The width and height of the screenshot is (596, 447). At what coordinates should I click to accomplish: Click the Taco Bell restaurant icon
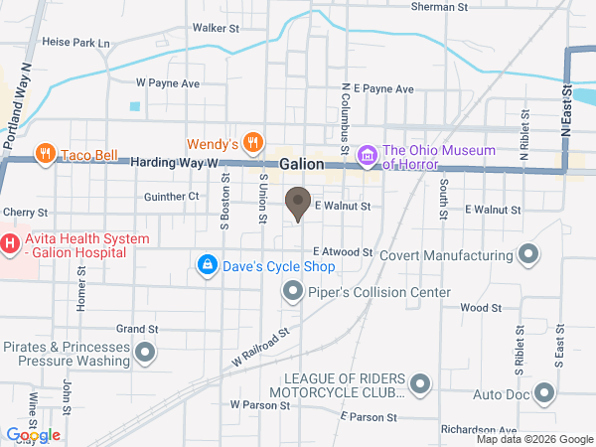(45, 154)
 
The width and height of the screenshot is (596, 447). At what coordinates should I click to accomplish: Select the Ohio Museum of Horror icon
(367, 156)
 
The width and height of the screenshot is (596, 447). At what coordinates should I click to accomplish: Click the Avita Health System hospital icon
(10, 241)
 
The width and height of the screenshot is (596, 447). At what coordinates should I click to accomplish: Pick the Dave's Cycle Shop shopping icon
(207, 264)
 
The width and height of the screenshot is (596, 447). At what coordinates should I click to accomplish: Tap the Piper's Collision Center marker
(292, 292)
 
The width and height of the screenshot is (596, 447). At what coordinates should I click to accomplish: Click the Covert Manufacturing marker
(529, 255)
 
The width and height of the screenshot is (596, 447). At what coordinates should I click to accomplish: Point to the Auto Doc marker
(544, 393)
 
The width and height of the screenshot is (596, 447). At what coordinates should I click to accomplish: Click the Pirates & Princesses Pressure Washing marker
(146, 352)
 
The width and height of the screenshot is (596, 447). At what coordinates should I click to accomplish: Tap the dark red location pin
(297, 204)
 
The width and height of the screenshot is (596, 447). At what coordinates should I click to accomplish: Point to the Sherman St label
(439, 7)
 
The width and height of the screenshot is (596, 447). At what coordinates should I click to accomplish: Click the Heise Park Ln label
(76, 44)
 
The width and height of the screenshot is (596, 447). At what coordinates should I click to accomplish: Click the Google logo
(34, 434)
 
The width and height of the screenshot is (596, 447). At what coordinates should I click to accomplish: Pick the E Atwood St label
(342, 253)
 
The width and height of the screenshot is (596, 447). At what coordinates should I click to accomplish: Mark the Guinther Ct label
(171, 197)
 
